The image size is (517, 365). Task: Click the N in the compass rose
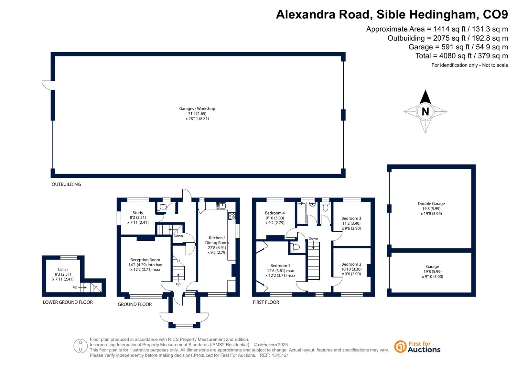425,112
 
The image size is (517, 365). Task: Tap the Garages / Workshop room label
197,108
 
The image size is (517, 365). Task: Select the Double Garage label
431,203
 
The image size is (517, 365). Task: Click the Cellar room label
63,269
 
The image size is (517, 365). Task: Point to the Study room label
138,213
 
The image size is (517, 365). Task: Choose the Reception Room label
145,260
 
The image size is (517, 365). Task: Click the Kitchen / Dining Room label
217,240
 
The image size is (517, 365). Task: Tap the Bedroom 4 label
275,213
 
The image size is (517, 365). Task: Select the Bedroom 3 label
351,218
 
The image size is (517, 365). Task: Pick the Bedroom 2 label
351,264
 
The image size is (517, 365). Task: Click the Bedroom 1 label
280,266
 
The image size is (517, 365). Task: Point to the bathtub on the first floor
302,213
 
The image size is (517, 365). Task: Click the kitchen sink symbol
221,206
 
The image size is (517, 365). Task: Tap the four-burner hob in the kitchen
232,216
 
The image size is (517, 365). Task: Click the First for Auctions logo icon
400,347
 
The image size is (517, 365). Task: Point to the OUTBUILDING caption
66,184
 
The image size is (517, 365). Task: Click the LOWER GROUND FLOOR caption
68,302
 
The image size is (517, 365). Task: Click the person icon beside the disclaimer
80,346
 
